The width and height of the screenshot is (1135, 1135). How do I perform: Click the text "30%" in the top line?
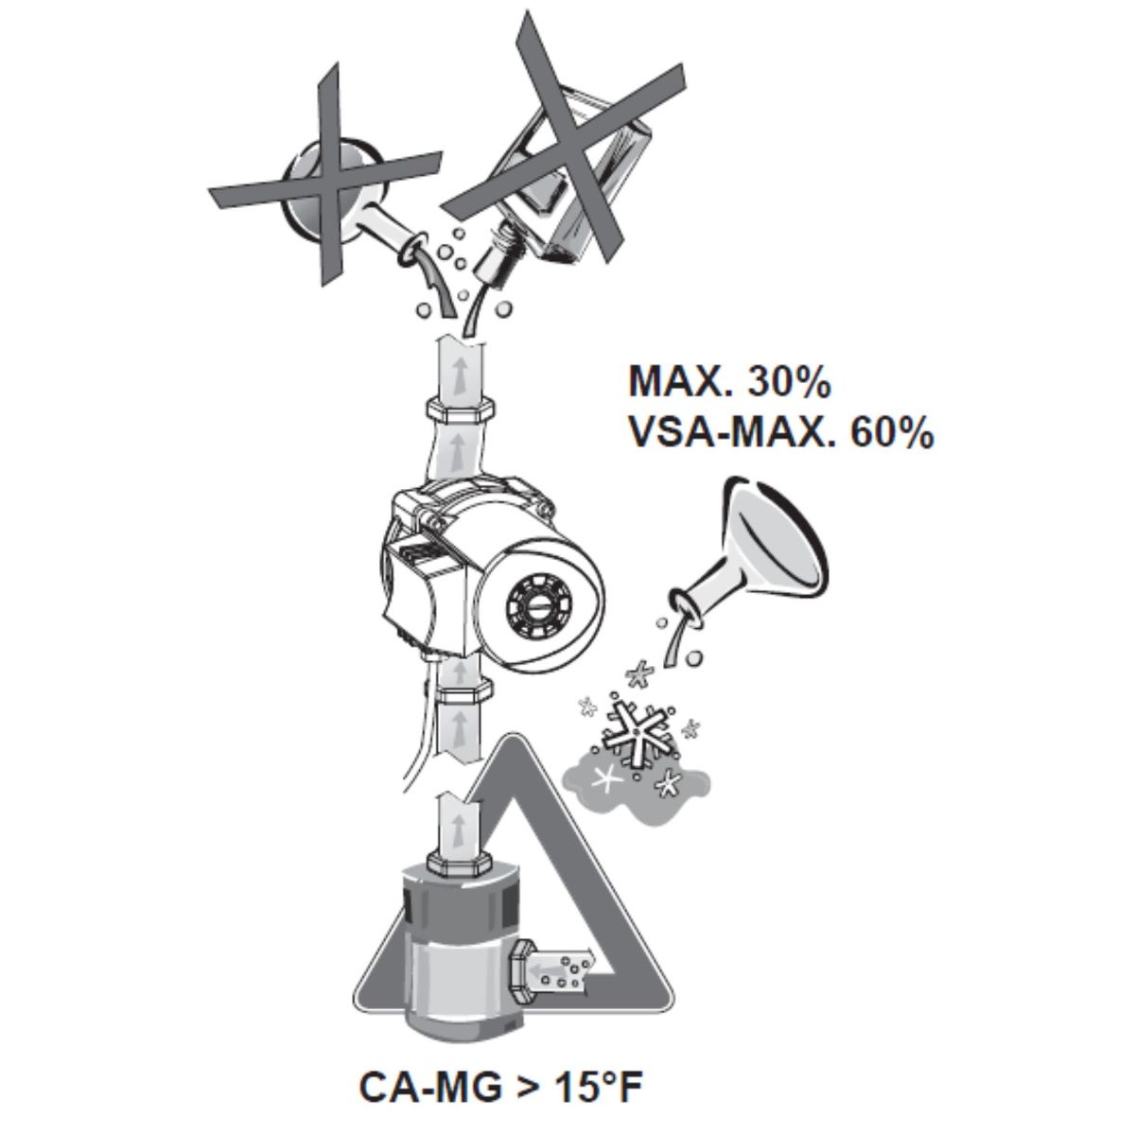click(x=788, y=382)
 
